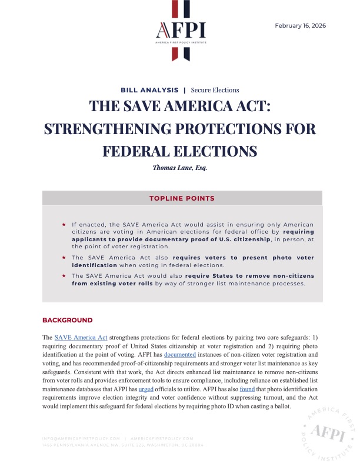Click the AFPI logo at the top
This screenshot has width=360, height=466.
(179, 31)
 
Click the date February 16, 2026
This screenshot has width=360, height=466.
(300, 26)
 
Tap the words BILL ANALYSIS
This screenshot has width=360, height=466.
(149, 90)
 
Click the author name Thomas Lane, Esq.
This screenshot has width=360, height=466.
(179, 167)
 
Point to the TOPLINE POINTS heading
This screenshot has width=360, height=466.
(182, 198)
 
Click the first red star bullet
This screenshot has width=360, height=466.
(64, 225)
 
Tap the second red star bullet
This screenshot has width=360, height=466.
(64, 258)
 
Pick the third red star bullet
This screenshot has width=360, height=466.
(64, 275)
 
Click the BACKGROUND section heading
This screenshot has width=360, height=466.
(67, 320)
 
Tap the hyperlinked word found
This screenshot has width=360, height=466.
(247, 390)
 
